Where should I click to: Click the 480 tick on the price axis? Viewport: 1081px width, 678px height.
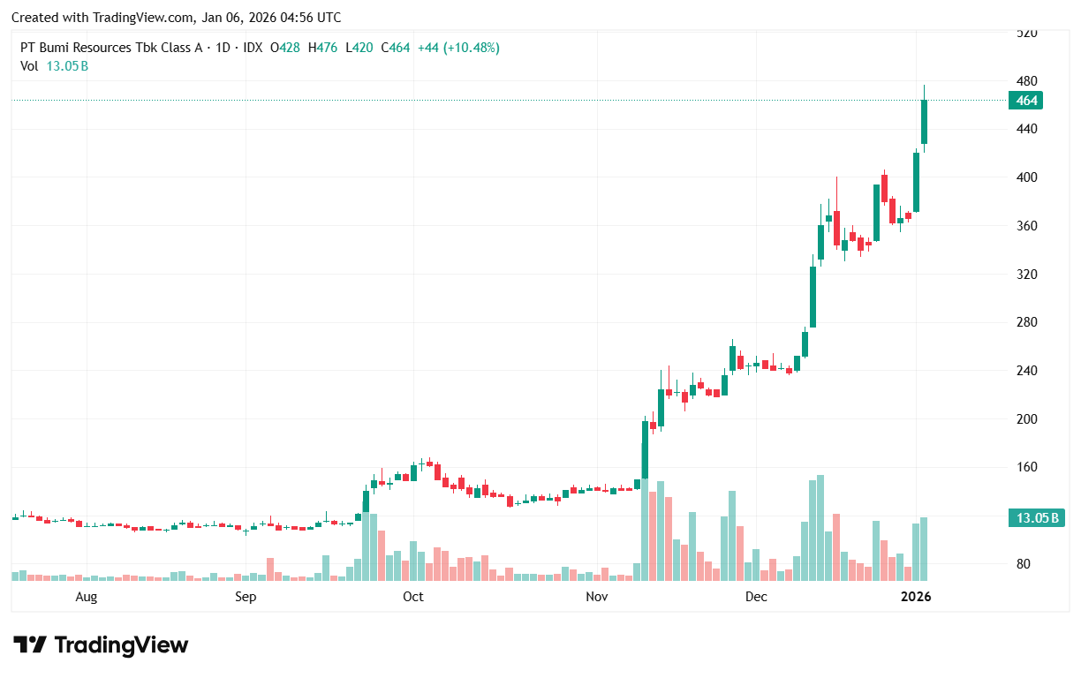click(1025, 80)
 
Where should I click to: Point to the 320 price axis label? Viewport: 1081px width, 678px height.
click(1025, 274)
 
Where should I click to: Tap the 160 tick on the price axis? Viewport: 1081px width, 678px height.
click(1025, 467)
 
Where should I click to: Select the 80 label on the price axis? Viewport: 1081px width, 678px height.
click(1025, 563)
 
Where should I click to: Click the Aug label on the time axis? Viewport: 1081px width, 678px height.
click(86, 597)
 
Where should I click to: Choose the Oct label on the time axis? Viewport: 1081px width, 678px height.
click(412, 597)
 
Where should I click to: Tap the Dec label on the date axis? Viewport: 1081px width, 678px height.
click(756, 597)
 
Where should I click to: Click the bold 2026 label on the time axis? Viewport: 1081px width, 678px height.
click(915, 597)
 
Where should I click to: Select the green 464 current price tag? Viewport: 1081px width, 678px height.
click(1026, 101)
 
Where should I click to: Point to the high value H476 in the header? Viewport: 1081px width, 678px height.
click(326, 48)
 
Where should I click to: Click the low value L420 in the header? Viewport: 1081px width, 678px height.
click(359, 48)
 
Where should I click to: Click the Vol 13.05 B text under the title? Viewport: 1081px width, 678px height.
click(54, 65)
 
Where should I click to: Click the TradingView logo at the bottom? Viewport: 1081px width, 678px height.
click(101, 644)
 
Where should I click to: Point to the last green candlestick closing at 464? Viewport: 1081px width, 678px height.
click(924, 122)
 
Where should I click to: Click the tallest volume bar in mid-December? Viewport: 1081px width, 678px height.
click(820, 528)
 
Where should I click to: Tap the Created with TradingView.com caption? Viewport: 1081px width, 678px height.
click(176, 18)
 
